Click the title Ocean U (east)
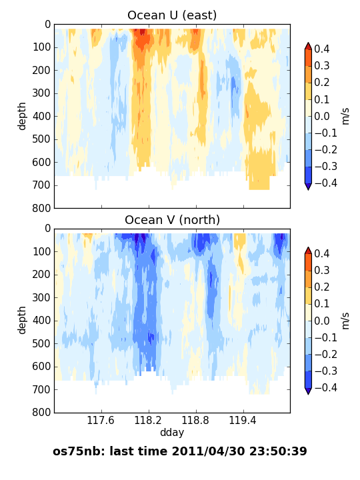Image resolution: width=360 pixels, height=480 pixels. (172, 15)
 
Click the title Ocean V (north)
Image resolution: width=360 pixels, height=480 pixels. (173, 220)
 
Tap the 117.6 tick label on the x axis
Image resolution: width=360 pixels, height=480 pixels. (101, 420)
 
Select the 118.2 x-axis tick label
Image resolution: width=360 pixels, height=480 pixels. (148, 420)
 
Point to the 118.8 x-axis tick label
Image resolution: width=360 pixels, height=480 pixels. (195, 420)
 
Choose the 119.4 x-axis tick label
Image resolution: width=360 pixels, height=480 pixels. (243, 420)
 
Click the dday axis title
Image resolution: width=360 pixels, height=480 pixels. (172, 433)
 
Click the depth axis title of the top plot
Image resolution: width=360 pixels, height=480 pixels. (22, 116)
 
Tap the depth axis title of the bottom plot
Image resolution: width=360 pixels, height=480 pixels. (22, 320)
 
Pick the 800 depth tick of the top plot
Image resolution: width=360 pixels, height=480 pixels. (41, 208)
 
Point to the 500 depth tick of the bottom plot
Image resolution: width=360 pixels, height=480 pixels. (41, 343)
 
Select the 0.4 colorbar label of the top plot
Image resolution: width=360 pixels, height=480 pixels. (322, 49)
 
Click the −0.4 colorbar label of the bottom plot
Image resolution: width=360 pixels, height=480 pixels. (326, 387)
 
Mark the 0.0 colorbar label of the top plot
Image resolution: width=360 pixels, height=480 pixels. (322, 116)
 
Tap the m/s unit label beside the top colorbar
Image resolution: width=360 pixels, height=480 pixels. (345, 116)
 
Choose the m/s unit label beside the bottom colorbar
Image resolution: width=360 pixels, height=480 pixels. (345, 321)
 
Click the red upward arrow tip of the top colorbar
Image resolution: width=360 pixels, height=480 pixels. (308, 43)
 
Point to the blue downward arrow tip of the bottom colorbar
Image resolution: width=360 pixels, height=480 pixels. (308, 394)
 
